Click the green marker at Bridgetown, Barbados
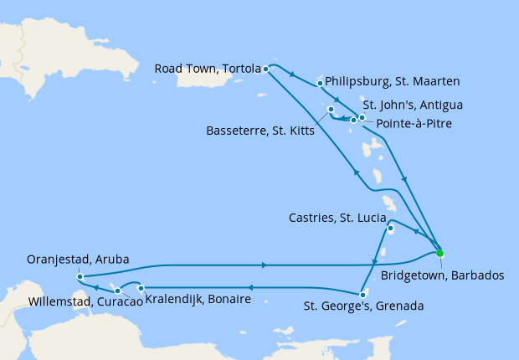pyautogui.click(x=439, y=253)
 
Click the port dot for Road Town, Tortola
pyautogui.click(x=265, y=69)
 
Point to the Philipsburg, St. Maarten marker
pyautogui.click(x=321, y=83)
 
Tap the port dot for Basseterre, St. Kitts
pyautogui.click(x=331, y=110)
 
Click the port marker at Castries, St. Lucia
pyautogui.click(x=390, y=227)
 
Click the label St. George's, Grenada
pyautogui.click(x=363, y=306)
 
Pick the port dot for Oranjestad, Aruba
pyautogui.click(x=79, y=276)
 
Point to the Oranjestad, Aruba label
pyautogui.click(x=78, y=260)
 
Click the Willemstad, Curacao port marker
pyautogui.click(x=118, y=291)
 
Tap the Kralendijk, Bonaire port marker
pyautogui.click(x=141, y=288)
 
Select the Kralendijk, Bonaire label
pyautogui.click(x=198, y=299)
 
